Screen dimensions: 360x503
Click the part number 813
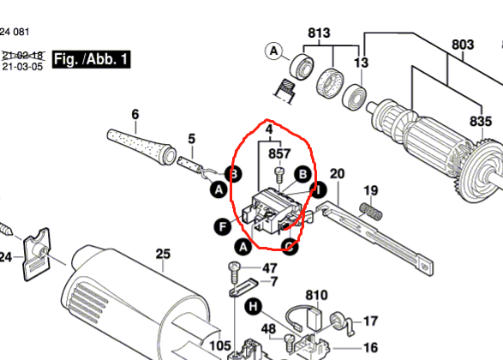[319, 34]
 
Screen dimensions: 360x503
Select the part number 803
[462, 44]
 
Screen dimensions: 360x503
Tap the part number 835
[480, 123]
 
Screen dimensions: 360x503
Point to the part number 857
[279, 154]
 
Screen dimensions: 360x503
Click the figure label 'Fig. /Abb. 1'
[91, 59]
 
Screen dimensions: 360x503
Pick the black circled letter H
[254, 306]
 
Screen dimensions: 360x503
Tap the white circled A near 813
[274, 51]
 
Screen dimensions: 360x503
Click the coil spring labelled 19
[368, 208]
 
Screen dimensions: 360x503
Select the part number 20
[337, 174]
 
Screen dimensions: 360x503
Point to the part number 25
[163, 254]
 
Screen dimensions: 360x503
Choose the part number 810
[316, 296]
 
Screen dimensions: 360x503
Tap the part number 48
[268, 328]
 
